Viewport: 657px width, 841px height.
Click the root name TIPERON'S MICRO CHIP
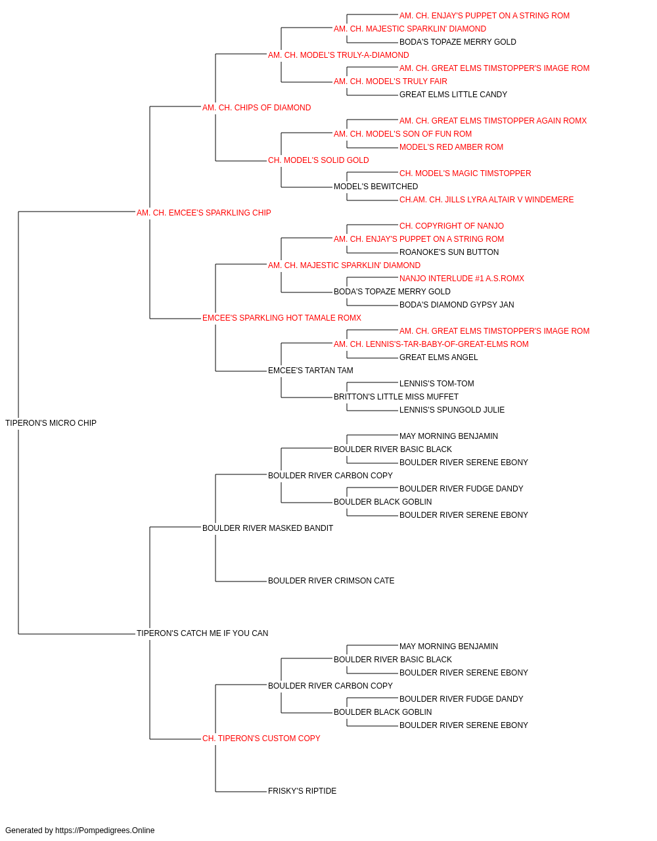(x=51, y=423)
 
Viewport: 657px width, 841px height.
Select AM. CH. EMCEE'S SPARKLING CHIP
(x=204, y=213)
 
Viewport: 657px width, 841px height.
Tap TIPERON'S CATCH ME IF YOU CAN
(x=202, y=633)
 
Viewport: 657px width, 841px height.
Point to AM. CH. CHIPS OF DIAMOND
(x=256, y=108)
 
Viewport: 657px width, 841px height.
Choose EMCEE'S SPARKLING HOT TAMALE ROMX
(x=282, y=318)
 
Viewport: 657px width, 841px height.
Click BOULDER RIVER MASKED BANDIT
(x=267, y=528)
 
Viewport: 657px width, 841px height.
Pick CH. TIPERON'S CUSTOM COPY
(x=261, y=738)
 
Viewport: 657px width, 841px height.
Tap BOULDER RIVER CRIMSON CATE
(x=331, y=581)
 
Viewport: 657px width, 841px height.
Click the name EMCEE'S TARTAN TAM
(x=310, y=371)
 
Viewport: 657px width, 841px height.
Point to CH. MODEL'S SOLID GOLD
(x=318, y=160)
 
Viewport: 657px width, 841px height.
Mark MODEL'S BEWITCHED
(x=376, y=187)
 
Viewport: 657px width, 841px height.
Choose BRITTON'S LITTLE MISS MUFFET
(x=396, y=397)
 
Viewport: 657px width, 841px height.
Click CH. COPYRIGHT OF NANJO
(x=451, y=226)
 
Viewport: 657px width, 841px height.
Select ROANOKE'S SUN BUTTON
(x=449, y=252)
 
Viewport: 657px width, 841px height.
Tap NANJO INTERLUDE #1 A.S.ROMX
(x=462, y=279)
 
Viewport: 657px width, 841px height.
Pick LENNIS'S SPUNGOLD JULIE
(x=452, y=410)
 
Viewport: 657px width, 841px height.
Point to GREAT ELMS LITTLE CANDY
(x=453, y=95)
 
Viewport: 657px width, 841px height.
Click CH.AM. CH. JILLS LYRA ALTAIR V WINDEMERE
(x=486, y=200)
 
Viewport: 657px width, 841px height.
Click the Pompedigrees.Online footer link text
(x=104, y=830)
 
